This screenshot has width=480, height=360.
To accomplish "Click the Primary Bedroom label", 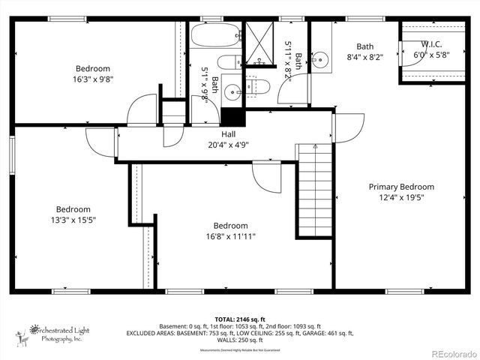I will point(400,187).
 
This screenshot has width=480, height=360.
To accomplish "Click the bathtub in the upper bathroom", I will point(214,35).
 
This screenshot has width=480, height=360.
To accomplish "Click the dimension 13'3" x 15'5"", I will point(73,220).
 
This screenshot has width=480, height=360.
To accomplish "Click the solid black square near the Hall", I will point(232,116).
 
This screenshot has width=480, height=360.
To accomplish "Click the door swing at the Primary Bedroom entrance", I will point(349,126).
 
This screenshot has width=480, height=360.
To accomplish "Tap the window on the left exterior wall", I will point(12,156).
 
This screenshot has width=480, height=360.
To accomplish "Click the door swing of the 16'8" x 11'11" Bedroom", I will point(265,177).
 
